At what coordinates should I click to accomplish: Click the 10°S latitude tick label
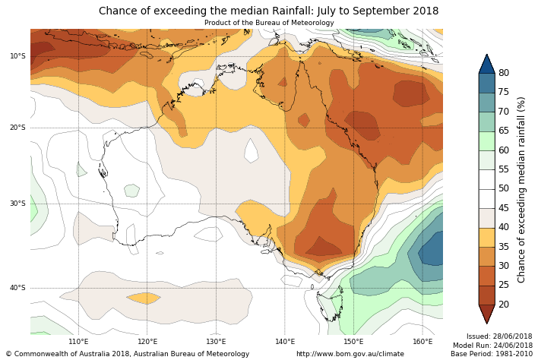click(17, 56)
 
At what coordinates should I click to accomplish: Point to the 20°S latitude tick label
click(17, 128)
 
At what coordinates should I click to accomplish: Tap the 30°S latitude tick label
click(17, 204)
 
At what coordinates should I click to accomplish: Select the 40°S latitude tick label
click(17, 288)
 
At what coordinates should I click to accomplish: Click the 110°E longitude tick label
click(78, 342)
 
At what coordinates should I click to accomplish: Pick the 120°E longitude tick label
click(147, 342)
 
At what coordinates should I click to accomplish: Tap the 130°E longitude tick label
click(216, 342)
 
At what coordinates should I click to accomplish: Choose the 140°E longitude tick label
click(285, 342)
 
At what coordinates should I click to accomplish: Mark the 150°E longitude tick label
click(353, 342)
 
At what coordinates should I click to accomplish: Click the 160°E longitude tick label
click(422, 342)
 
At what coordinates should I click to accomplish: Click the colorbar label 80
click(503, 73)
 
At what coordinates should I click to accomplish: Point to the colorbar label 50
click(503, 188)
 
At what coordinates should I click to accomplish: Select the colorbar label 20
click(503, 305)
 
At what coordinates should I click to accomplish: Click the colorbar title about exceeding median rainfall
click(522, 189)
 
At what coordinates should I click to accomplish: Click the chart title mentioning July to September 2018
click(268, 11)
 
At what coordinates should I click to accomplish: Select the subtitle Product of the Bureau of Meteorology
click(268, 23)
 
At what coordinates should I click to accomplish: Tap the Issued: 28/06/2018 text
click(498, 336)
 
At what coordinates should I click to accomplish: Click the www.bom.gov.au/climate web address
click(350, 354)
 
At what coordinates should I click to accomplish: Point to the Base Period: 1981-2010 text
click(491, 354)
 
